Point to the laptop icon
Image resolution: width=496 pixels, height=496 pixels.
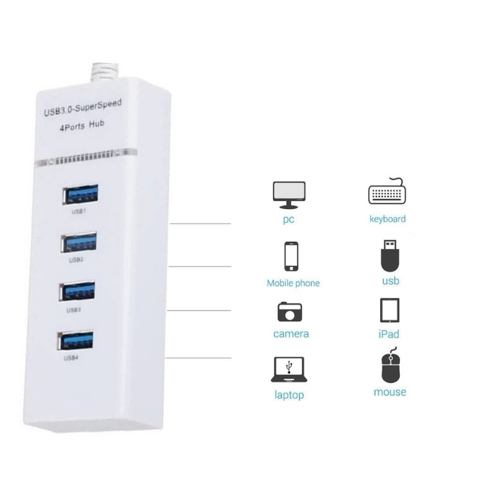(290, 370)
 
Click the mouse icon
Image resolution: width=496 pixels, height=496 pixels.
(389, 368)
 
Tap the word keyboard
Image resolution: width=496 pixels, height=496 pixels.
(387, 219)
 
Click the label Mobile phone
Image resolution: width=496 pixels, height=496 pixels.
(293, 283)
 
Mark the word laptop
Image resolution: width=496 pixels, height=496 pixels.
(290, 395)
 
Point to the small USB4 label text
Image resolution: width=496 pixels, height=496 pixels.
(72, 358)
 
